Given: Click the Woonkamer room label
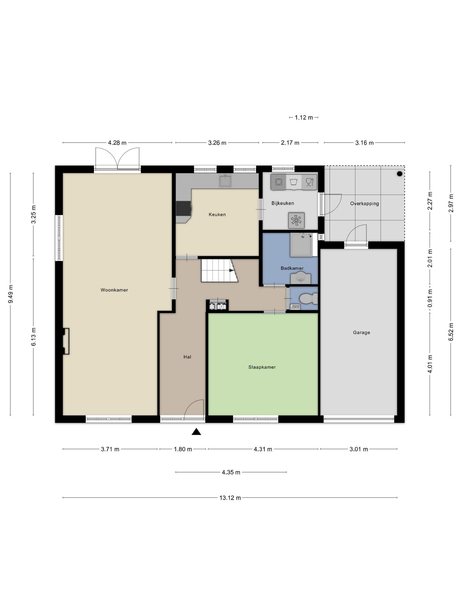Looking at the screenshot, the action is [x=114, y=290].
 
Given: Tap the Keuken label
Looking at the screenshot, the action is [x=217, y=215].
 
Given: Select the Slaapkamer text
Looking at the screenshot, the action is [x=262, y=367].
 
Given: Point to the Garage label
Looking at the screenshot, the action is [x=361, y=332].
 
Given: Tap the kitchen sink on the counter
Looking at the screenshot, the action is [x=225, y=181].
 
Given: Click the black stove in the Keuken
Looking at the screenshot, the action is [x=183, y=208].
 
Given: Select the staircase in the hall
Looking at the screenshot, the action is [x=220, y=271].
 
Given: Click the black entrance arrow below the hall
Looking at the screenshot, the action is [x=196, y=432].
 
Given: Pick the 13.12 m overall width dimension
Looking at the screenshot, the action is [x=230, y=498].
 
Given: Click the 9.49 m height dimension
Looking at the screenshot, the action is [x=11, y=294].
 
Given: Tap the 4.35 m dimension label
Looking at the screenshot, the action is [x=231, y=472].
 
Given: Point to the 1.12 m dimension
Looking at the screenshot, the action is [x=304, y=118].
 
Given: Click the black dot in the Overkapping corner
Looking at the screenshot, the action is [x=400, y=174].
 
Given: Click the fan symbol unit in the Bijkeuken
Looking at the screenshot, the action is [x=296, y=220].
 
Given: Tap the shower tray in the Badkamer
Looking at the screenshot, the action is [x=301, y=245].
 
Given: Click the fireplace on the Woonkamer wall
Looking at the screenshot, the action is [x=66, y=341].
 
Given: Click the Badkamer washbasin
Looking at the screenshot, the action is [x=301, y=278].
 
